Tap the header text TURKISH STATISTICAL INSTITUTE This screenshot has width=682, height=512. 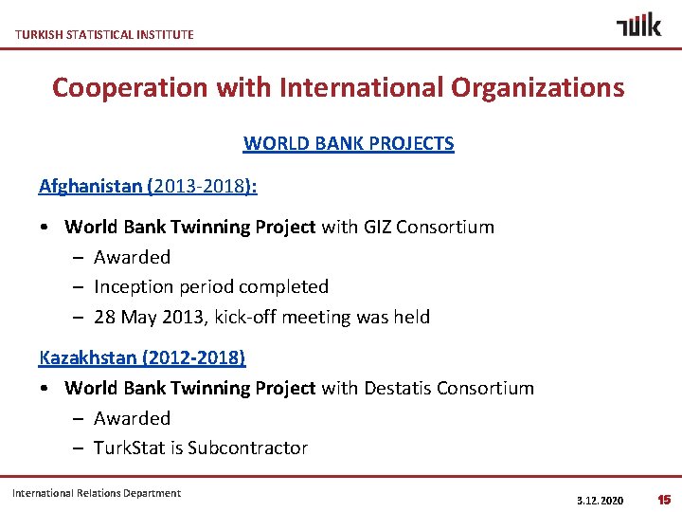coord(104,34)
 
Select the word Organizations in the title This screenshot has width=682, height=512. coord(538,87)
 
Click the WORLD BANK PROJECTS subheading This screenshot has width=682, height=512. coord(349,144)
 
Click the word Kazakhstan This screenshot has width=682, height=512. coord(90,358)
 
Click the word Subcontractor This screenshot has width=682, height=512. coord(247,448)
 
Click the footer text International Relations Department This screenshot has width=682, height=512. coord(97,493)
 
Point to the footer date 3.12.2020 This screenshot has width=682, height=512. coord(600,500)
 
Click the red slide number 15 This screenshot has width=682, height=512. coord(664,499)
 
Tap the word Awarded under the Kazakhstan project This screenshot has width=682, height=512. coord(132,418)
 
